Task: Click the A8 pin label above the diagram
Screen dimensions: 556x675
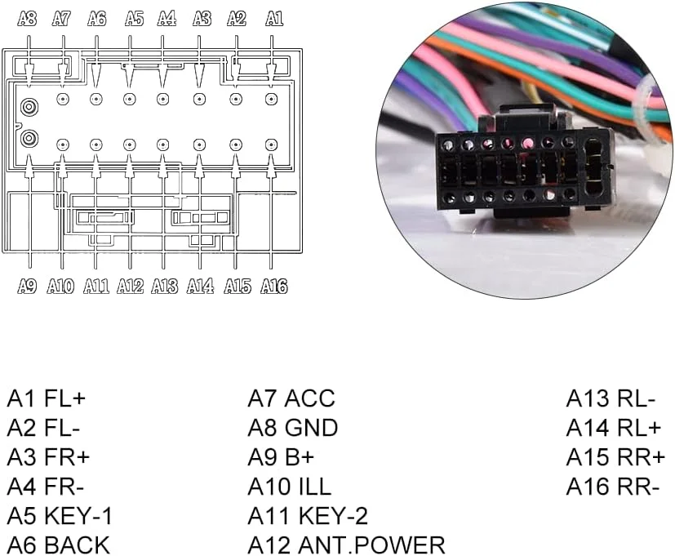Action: pos(28,19)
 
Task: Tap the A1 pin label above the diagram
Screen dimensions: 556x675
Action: pos(274,19)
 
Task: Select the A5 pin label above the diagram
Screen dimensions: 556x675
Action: pos(135,19)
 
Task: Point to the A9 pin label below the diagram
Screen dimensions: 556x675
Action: pos(27,286)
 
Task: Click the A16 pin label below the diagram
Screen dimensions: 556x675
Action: pos(274,286)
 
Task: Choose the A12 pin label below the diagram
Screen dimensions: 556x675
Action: pos(130,286)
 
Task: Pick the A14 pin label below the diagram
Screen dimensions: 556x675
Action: pos(200,286)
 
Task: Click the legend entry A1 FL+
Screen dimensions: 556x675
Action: pos(47,399)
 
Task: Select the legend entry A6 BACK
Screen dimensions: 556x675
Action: pos(58,545)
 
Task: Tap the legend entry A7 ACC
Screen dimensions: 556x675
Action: pos(291,399)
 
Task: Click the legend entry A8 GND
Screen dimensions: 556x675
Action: pos(293,428)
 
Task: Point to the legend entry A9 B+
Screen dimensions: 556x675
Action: pos(281,457)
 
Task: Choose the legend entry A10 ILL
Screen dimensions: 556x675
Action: pos(290,487)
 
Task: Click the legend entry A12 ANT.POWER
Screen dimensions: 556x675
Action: pos(346,545)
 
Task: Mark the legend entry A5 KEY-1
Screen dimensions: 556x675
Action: pos(60,516)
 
